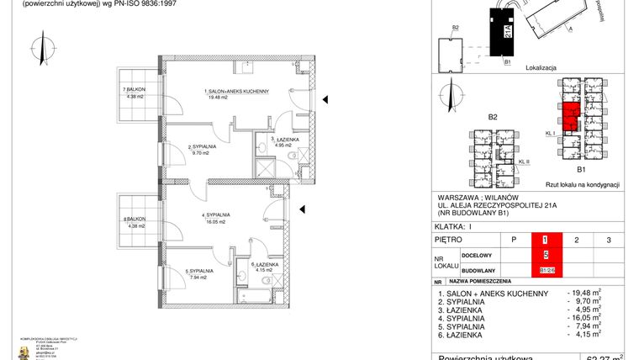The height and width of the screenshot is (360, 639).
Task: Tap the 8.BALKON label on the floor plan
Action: [x=134, y=220]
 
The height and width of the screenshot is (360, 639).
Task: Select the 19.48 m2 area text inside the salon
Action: [x=218, y=97]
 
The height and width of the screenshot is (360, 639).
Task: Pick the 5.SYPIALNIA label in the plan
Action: [x=198, y=271]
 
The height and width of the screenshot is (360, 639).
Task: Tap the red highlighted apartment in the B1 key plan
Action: [x=569, y=115]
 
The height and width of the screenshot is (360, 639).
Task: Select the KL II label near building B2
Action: [x=524, y=161]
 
